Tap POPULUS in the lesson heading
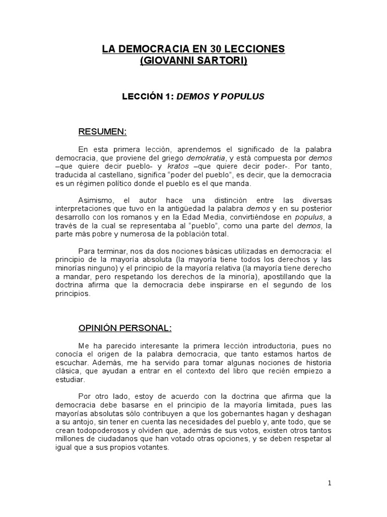[x=244, y=96]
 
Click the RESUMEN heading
[x=102, y=132]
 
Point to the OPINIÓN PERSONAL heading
[x=125, y=328]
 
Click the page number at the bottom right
[x=329, y=483]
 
